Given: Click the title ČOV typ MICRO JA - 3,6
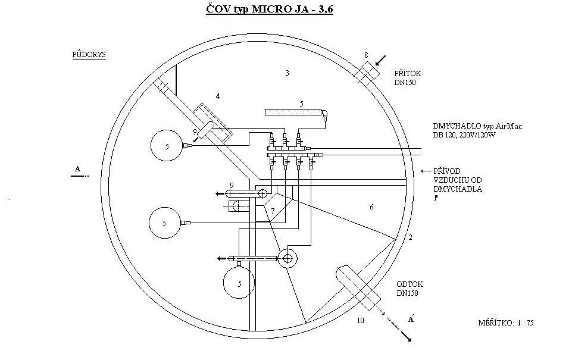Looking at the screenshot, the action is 269,9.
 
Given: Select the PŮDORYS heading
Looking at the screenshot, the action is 89,55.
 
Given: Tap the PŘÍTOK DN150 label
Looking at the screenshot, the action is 408,78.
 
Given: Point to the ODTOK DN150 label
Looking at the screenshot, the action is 410,289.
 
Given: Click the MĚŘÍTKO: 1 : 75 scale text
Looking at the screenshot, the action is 505,323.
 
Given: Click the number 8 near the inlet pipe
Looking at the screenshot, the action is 366,55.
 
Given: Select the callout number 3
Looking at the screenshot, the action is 287,73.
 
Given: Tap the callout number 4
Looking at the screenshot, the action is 218,96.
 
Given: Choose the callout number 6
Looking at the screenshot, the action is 371,207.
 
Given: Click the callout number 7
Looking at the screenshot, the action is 273,211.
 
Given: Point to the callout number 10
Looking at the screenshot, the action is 361,321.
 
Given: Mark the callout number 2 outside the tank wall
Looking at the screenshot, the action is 410,237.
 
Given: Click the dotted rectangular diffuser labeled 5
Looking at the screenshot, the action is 293,112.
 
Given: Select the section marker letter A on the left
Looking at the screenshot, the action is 77,169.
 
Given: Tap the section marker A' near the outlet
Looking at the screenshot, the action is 411,319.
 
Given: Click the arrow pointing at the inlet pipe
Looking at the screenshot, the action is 380,60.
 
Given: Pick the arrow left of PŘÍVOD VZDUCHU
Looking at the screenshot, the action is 426,171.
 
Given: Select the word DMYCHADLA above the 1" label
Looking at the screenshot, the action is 458,189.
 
